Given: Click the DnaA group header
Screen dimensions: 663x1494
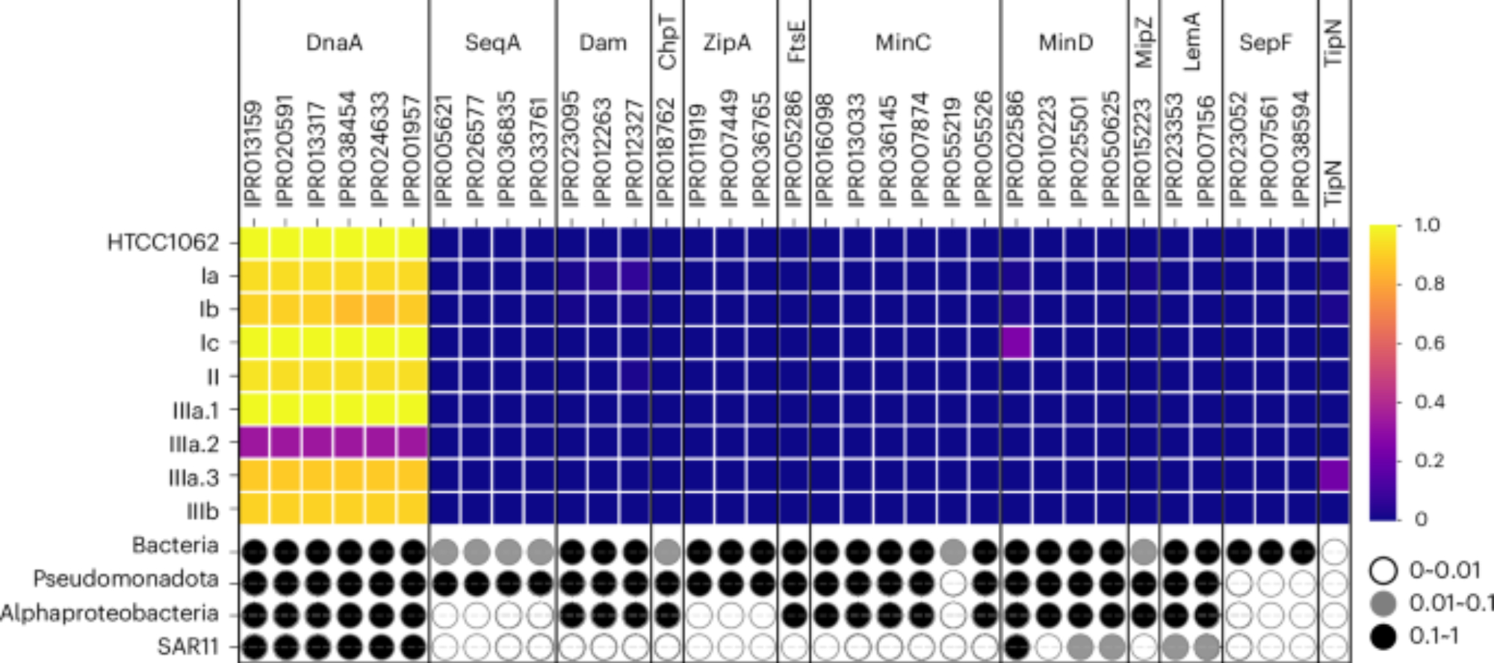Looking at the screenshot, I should (334, 43).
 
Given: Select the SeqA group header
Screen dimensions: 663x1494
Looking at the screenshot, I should (492, 43).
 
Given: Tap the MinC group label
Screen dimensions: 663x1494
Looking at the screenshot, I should (903, 43).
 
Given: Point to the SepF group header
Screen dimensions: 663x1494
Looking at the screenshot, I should (1265, 43).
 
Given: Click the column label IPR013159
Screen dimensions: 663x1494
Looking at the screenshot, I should (254, 153).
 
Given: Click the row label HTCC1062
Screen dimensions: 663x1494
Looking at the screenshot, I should (163, 243).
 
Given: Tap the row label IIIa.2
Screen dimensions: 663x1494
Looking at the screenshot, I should (193, 444).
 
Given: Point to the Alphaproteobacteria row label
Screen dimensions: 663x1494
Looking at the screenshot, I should (110, 614).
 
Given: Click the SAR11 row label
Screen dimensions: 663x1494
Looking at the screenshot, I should (187, 647).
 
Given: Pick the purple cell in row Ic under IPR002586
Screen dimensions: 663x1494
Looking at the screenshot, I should (1016, 343).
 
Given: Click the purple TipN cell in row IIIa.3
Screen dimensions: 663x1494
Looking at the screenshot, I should (1333, 476).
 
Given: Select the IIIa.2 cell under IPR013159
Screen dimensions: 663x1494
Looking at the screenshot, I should (255, 442).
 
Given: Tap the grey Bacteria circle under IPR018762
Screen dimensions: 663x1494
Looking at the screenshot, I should (667, 552).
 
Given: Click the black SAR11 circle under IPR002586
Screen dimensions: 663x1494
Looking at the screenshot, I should (1016, 647).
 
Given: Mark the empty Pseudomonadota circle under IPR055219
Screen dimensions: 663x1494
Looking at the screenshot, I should (952, 583).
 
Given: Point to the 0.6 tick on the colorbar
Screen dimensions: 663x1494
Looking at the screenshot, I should (1429, 343).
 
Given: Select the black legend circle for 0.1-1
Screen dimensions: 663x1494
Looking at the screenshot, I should (1383, 636).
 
